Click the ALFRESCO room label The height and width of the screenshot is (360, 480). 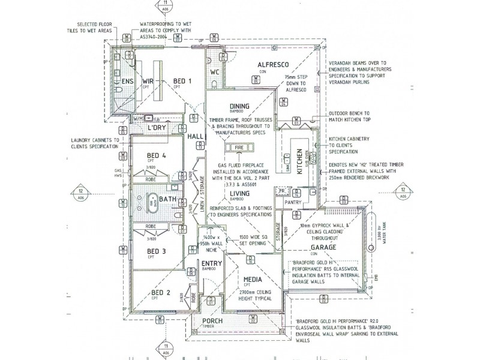click(274, 64)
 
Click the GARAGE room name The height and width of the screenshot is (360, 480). click(323, 247)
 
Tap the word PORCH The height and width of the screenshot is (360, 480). click(214, 321)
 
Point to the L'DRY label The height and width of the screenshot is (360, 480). click(156, 128)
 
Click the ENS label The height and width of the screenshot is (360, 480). click(127, 81)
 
